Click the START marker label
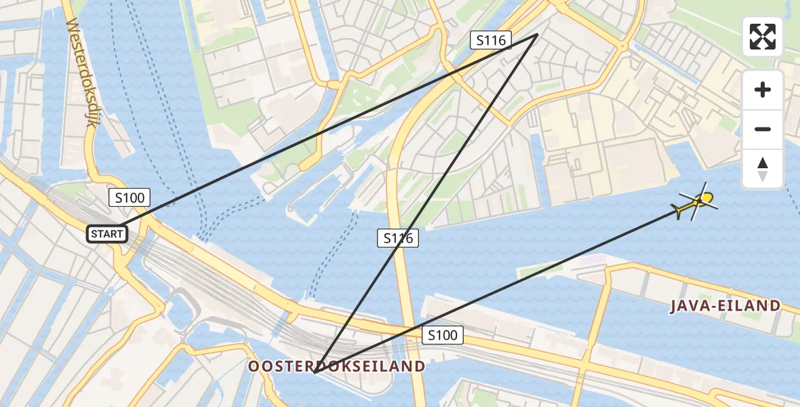pyautogui.click(x=107, y=235)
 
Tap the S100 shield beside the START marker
pyautogui.click(x=129, y=198)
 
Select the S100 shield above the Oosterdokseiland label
pyautogui.click(x=443, y=334)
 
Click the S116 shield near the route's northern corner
pyautogui.click(x=491, y=41)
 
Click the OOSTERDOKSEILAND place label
pyautogui.click(x=337, y=367)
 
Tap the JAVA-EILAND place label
pyautogui.click(x=725, y=306)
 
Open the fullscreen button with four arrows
pyautogui.click(x=763, y=37)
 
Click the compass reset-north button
pyautogui.click(x=763, y=169)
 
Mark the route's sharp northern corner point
pyautogui.click(x=538, y=34)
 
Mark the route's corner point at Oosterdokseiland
pyautogui.click(x=315, y=372)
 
